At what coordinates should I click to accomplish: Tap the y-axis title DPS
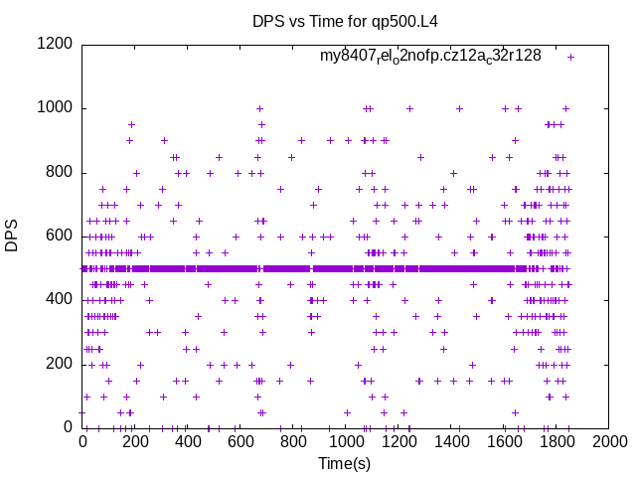point(12,236)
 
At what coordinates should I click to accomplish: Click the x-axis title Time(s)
point(344,463)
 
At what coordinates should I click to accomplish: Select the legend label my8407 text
point(430,57)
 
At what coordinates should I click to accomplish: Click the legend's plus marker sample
point(570,57)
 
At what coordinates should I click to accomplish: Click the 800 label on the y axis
point(60,172)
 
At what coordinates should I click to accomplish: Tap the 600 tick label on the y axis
point(60,236)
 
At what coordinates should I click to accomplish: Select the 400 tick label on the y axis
point(60,299)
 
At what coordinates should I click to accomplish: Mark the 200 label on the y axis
point(60,364)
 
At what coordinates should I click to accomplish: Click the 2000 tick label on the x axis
point(609,441)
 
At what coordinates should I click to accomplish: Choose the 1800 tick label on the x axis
point(556,441)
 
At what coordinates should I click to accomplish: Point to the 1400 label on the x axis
point(451,441)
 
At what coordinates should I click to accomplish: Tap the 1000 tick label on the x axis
point(346,441)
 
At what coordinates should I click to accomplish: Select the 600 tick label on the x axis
point(240,441)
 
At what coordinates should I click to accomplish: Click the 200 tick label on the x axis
point(135,441)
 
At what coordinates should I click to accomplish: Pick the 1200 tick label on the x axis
point(398,441)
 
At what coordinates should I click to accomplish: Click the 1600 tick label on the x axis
point(504,441)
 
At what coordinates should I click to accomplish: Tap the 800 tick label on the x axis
point(293,441)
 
